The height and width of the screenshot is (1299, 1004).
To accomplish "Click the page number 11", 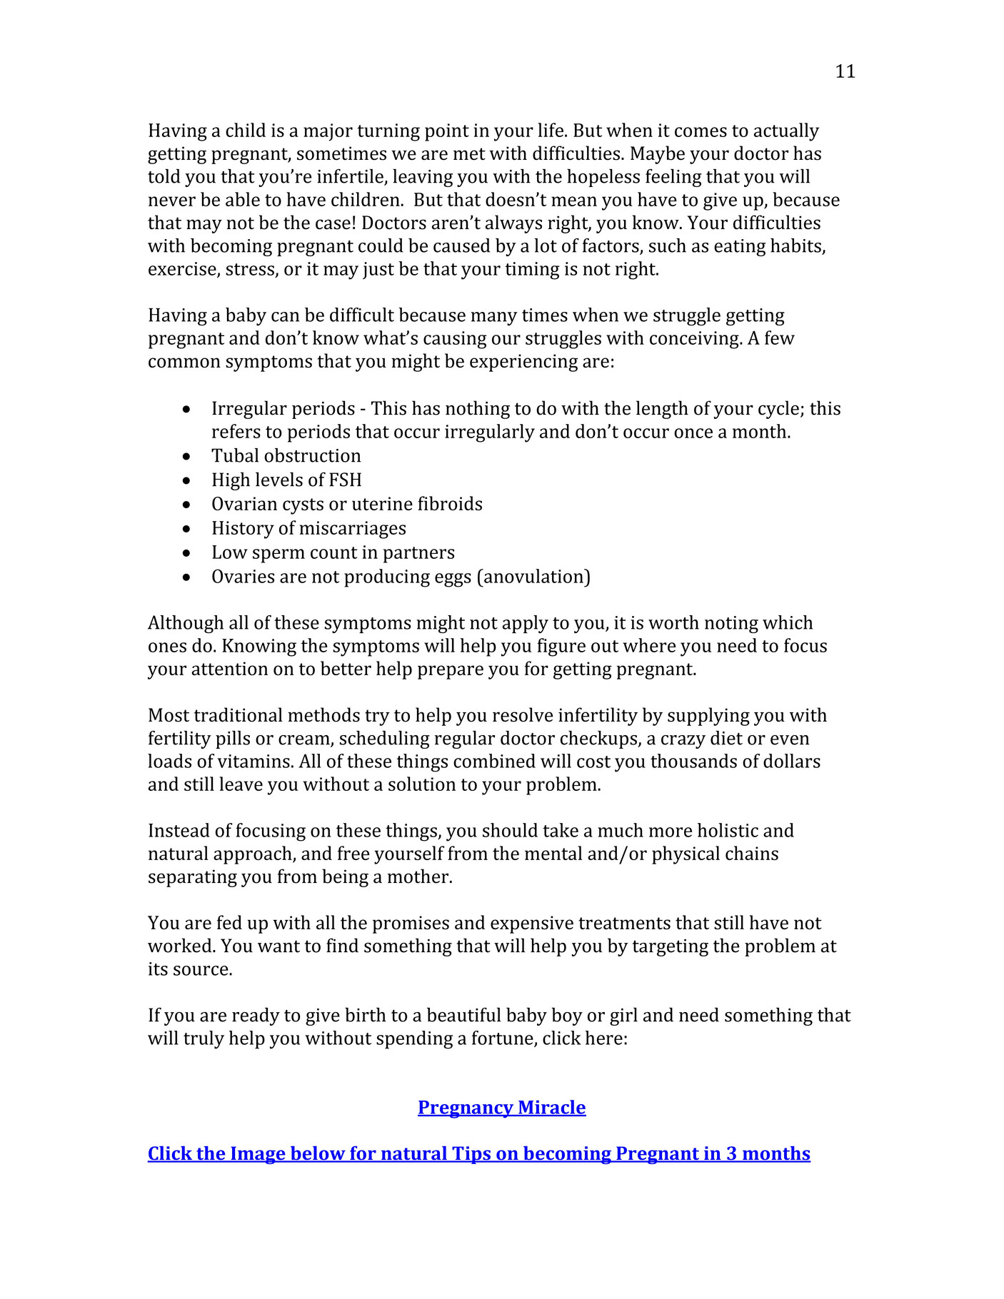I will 845,71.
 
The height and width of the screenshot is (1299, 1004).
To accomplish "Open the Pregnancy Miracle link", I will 501,1107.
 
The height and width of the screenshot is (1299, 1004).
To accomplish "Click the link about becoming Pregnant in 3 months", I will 478,1153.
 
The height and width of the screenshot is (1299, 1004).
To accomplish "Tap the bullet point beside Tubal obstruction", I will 186,456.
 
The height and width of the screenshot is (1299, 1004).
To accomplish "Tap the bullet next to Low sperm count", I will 186,553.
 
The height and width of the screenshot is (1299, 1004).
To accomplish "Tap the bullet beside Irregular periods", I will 186,409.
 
